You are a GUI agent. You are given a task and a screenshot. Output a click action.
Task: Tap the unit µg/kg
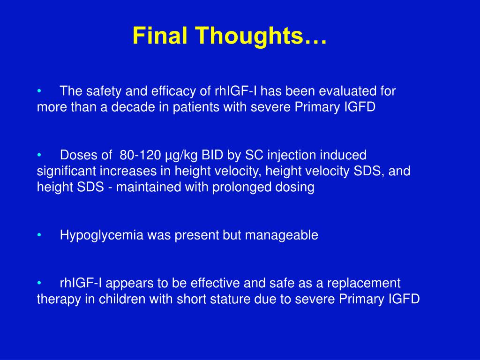point(183,155)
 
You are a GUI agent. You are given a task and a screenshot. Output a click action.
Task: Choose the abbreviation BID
point(215,155)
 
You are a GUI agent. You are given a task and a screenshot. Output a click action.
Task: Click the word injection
point(291,155)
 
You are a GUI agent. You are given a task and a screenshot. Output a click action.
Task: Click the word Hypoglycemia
point(102,236)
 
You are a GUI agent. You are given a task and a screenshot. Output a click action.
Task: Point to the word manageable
point(287,236)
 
